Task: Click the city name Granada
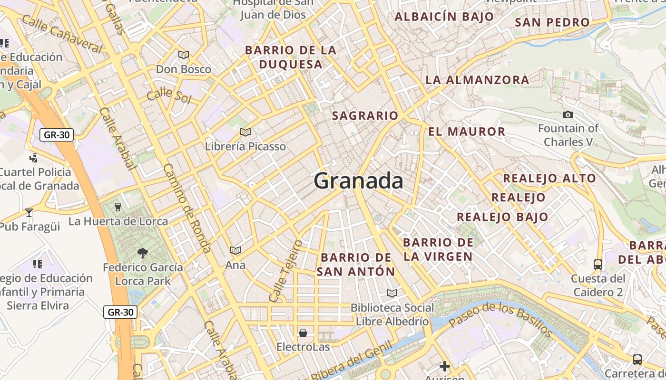click(x=358, y=181)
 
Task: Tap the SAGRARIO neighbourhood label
click(x=365, y=115)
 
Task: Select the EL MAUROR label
click(x=467, y=132)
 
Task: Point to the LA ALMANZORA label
click(x=477, y=80)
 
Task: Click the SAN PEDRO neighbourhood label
click(x=552, y=22)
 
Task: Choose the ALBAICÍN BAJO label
click(x=444, y=17)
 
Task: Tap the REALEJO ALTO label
click(x=549, y=179)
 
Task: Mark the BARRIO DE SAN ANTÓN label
click(x=356, y=265)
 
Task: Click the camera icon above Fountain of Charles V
click(x=568, y=114)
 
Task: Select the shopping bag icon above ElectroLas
click(x=303, y=332)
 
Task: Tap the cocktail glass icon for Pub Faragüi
click(x=29, y=212)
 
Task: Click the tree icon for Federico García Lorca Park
click(x=142, y=253)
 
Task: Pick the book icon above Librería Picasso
click(x=245, y=132)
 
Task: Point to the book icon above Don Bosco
click(x=184, y=55)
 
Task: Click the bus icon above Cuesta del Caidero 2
click(x=598, y=264)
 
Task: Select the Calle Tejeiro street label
click(x=285, y=271)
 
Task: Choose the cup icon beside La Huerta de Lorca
click(x=118, y=207)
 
